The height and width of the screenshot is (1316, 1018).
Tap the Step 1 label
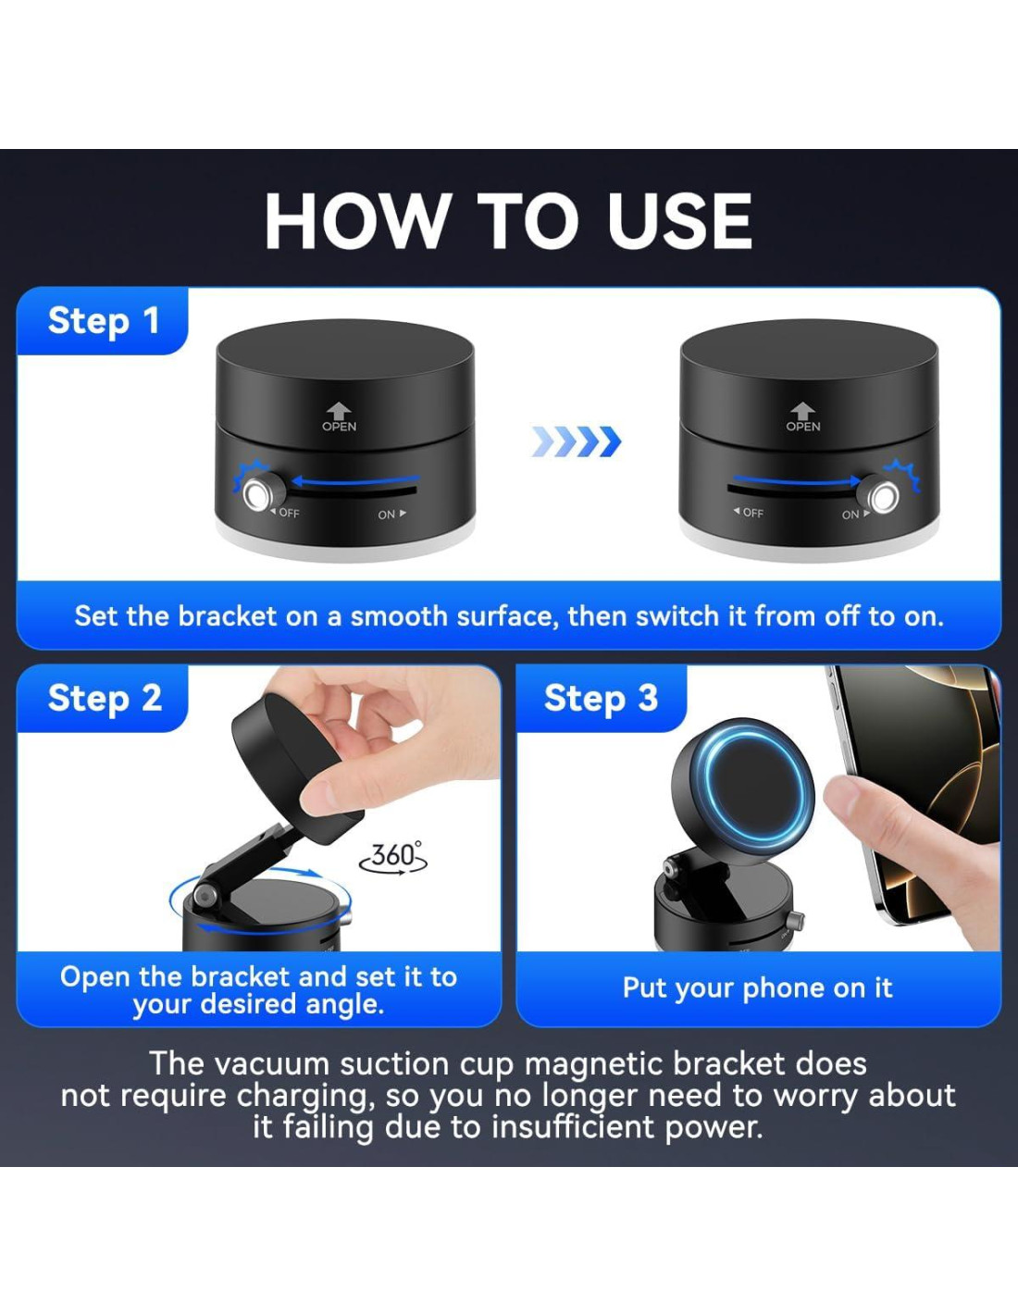104,320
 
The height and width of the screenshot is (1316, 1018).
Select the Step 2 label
105,698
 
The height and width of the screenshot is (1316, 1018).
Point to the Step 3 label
601,698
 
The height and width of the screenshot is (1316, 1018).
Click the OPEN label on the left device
339,427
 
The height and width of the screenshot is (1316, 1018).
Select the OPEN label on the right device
803,427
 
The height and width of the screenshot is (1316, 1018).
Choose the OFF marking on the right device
749,513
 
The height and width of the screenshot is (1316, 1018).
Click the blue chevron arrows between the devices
577,441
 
